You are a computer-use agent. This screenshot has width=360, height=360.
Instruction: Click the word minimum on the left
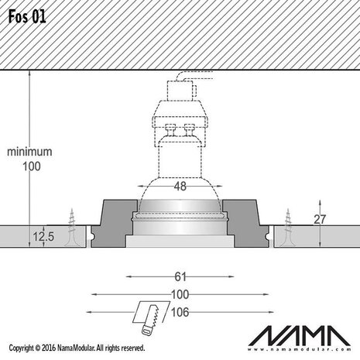click(29, 152)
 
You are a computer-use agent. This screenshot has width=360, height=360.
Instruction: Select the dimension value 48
click(180, 186)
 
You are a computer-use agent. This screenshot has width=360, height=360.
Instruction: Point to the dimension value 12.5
click(43, 237)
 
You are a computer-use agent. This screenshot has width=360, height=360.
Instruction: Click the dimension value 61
click(180, 276)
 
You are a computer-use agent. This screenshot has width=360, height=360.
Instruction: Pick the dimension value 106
click(180, 314)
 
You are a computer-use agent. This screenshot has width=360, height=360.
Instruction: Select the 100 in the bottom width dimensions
click(180, 295)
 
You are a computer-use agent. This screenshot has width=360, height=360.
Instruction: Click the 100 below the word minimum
click(30, 166)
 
